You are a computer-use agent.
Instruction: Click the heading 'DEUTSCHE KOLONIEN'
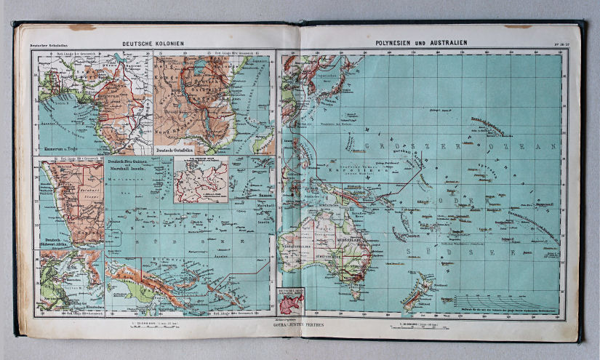(x=153, y=44)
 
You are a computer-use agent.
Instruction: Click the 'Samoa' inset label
(x=260, y=195)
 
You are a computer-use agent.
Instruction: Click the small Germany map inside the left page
(x=199, y=179)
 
